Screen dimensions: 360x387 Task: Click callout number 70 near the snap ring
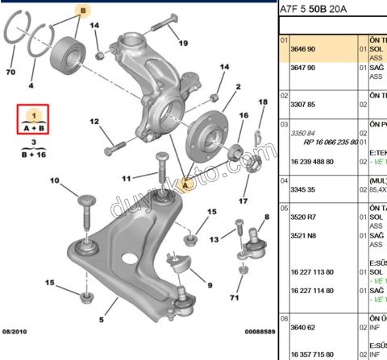click(x=10, y=72)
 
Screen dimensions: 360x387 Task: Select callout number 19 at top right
click(x=183, y=43)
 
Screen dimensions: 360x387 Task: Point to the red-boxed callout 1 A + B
click(x=33, y=119)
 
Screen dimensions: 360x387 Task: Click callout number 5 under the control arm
click(x=102, y=320)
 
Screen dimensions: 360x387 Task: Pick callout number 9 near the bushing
click(x=209, y=283)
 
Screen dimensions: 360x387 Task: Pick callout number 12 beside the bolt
click(x=94, y=122)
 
